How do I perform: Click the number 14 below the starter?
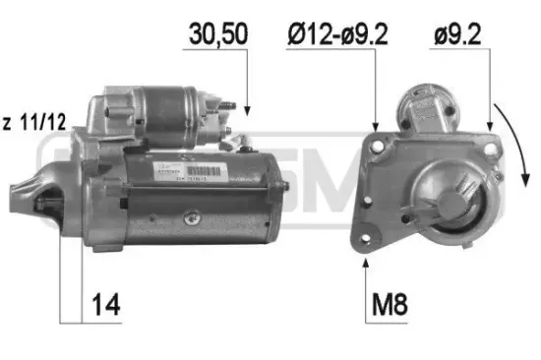tap(107, 305)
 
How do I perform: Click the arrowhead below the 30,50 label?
tap(246, 109)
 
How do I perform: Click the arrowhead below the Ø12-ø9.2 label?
tap(375, 128)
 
